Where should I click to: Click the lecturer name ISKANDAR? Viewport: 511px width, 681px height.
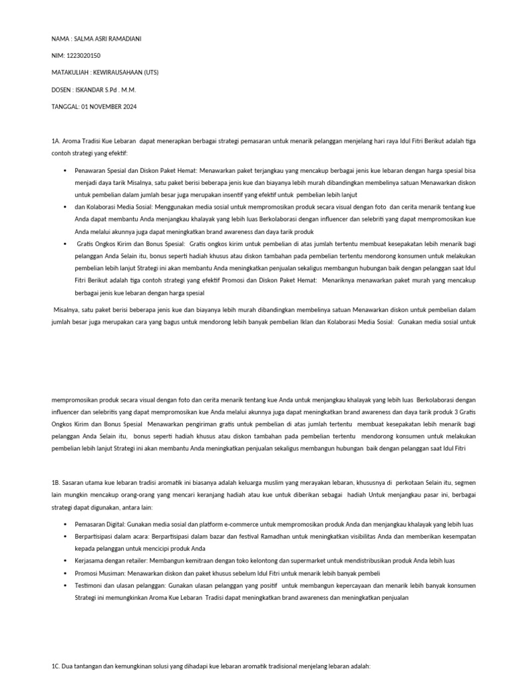(91, 90)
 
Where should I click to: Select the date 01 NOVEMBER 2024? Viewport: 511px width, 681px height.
(109, 106)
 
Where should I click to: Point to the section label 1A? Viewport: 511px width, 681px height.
(56, 141)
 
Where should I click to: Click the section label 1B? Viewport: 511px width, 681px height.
(56, 481)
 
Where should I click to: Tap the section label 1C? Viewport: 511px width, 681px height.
(56, 666)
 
